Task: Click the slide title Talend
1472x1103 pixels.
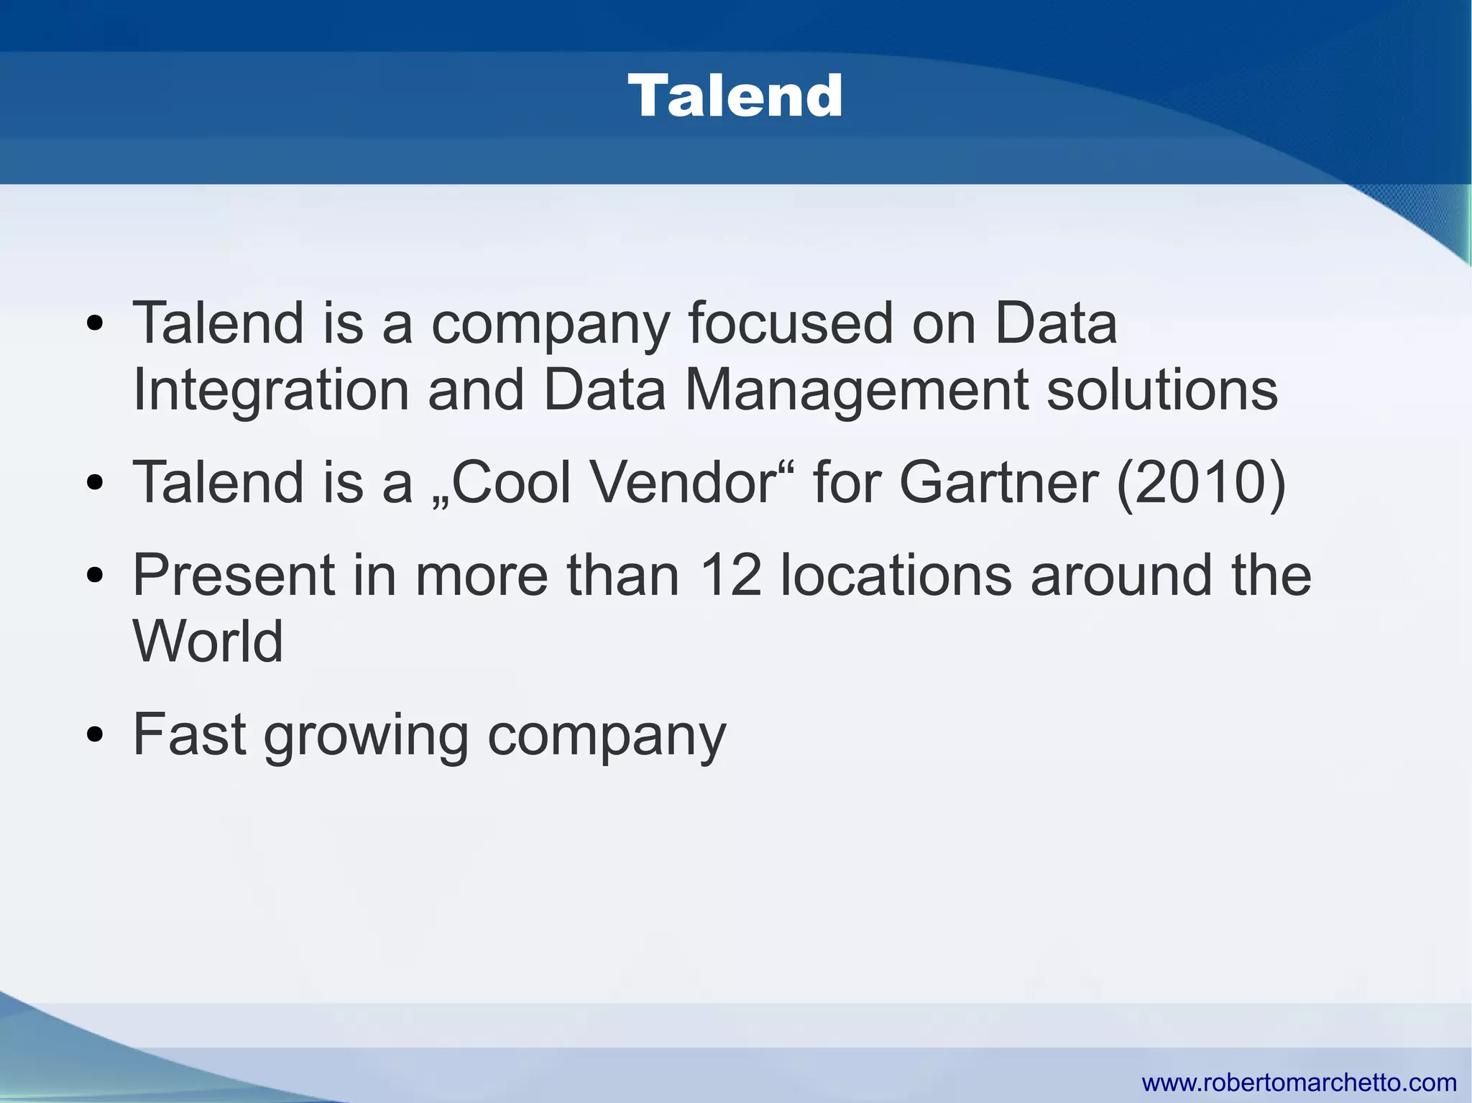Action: click(x=735, y=96)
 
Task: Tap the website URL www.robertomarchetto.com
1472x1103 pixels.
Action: click(x=1299, y=1082)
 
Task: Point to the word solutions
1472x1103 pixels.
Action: click(x=1161, y=390)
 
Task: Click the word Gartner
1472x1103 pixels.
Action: click(x=998, y=483)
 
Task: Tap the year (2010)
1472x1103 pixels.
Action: click(x=1201, y=483)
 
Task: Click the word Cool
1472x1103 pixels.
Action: click(x=510, y=483)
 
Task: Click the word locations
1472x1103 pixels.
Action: click(x=896, y=576)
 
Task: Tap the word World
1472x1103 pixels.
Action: click(x=208, y=641)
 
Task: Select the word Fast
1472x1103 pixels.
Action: click(x=190, y=735)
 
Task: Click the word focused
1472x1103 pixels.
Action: click(x=790, y=324)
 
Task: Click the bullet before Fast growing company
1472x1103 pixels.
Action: click(x=94, y=736)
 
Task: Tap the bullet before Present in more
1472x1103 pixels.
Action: click(x=94, y=576)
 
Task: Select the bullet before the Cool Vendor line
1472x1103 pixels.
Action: click(x=94, y=483)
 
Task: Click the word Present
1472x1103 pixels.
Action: click(x=234, y=576)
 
